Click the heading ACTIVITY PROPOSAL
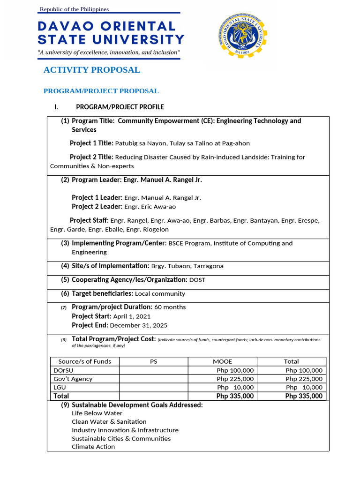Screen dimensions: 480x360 [x=91, y=70]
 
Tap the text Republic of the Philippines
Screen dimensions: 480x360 [x=74, y=9]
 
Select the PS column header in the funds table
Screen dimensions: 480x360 [x=154, y=361]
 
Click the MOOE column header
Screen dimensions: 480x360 [x=223, y=361]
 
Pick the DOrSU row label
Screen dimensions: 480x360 [x=64, y=370]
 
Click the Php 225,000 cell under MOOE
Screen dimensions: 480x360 [x=235, y=379]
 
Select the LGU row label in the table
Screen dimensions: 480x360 [x=60, y=387]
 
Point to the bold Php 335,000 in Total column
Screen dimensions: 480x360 [x=304, y=396]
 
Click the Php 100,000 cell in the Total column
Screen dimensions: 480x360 [x=304, y=370]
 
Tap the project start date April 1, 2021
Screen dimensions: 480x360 [x=132, y=316]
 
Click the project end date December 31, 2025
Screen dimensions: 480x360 [x=138, y=325]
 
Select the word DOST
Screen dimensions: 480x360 [x=197, y=280]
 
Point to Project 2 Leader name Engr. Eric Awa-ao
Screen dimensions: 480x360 [x=150, y=207]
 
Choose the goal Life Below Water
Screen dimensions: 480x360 [x=97, y=413]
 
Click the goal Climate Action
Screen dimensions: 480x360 [x=93, y=447]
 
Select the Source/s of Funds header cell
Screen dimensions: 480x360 [x=85, y=361]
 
